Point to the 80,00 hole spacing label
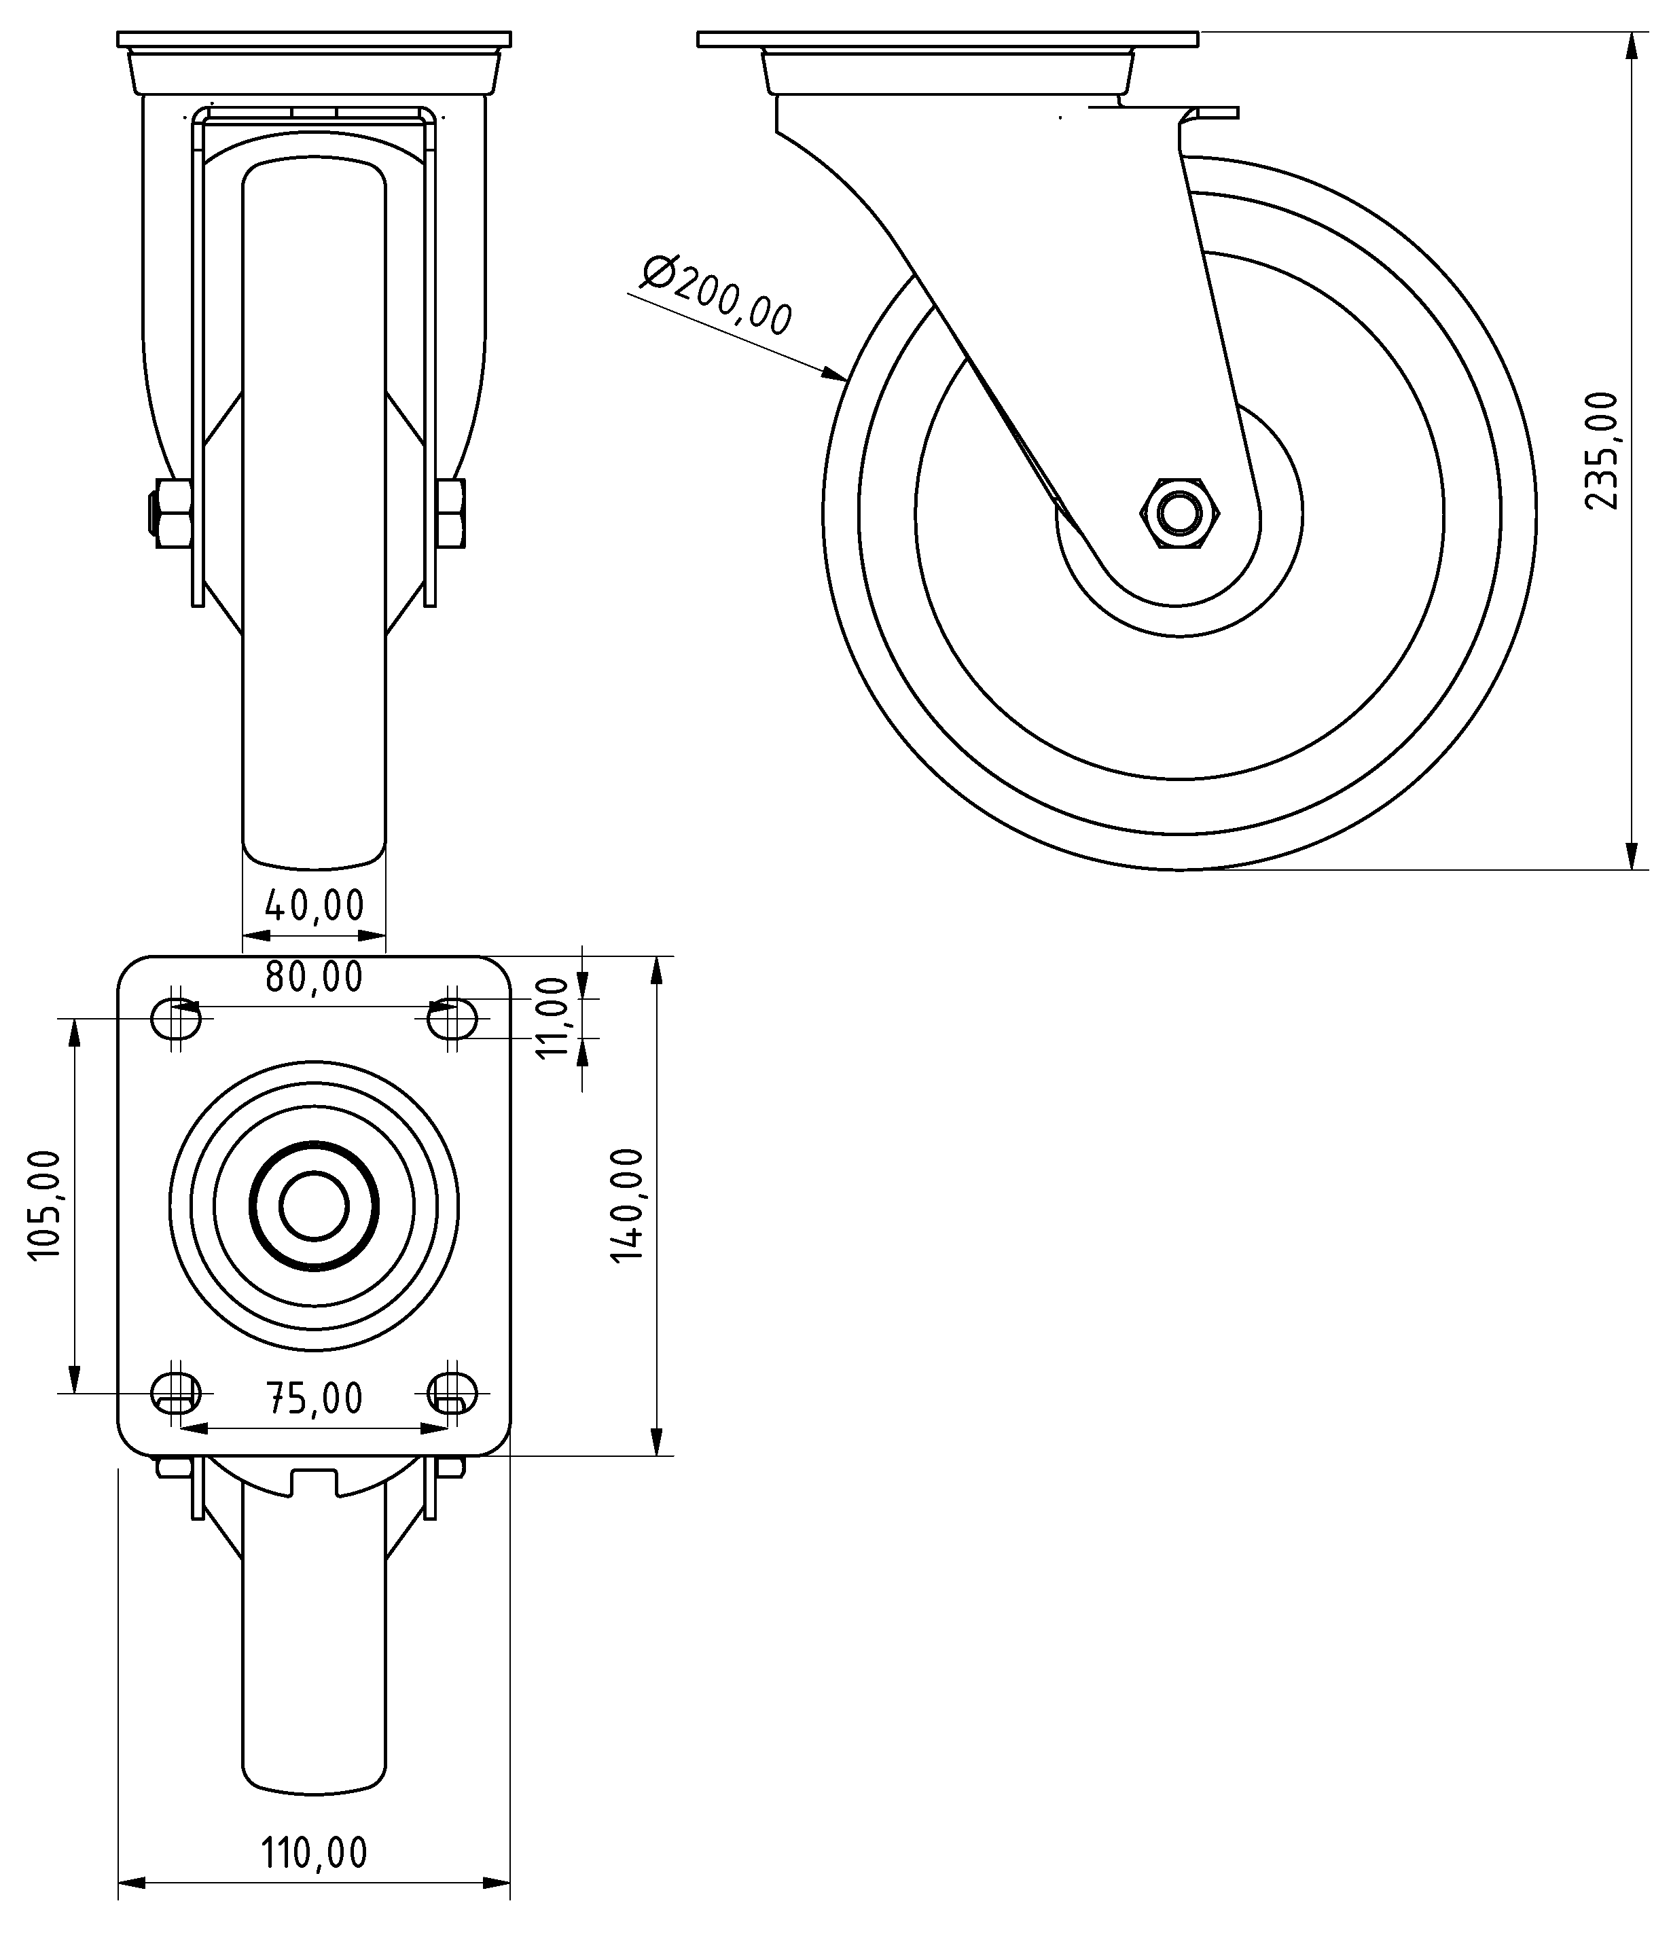pos(314,977)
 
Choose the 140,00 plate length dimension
pos(627,1206)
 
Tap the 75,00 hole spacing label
pos(314,1398)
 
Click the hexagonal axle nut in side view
pos(1179,514)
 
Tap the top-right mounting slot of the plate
pos(452,1018)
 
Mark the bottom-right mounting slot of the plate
pos(452,1394)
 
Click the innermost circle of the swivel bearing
pos(314,1206)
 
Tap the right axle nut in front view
pos(452,513)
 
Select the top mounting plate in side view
pos(947,40)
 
